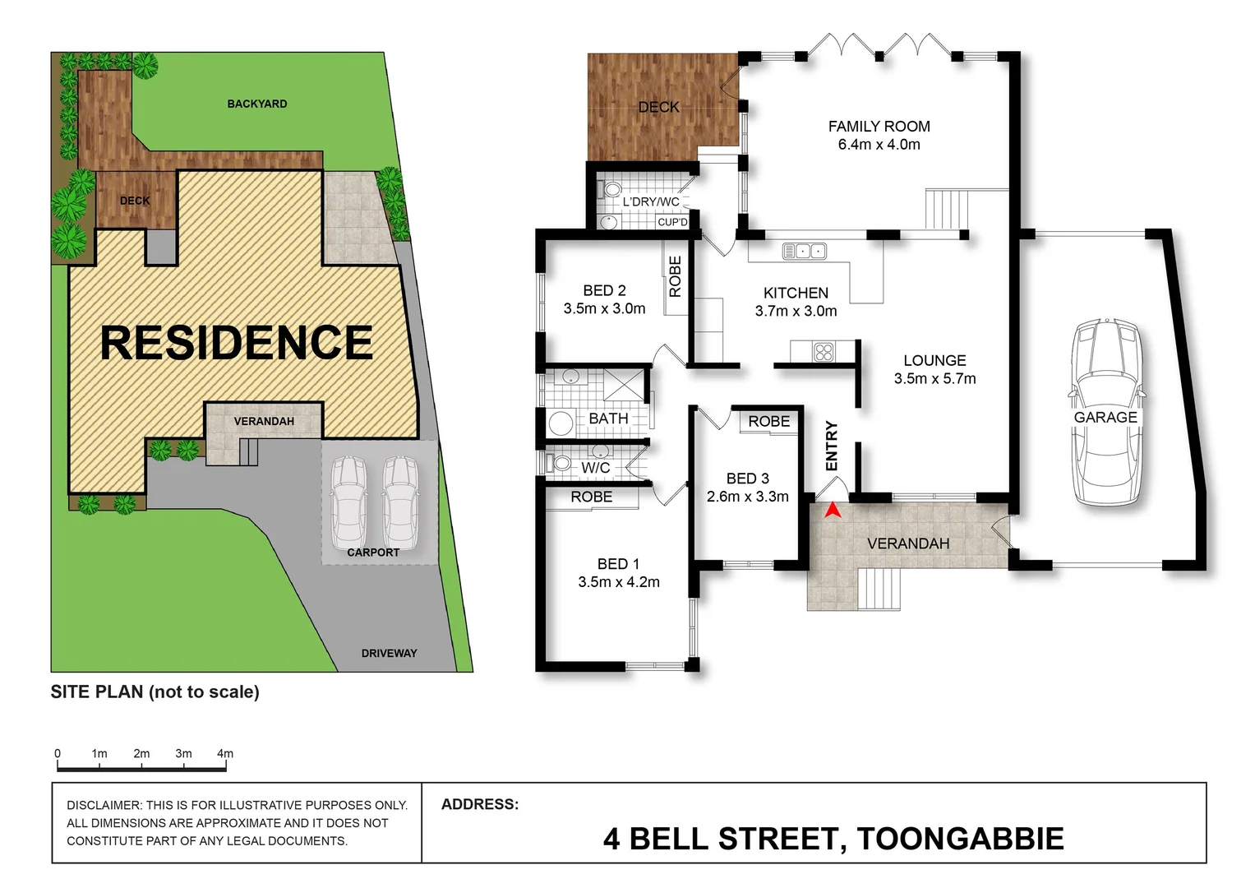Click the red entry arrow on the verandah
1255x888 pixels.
833,511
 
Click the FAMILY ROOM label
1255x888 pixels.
879,127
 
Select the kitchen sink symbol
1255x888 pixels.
804,251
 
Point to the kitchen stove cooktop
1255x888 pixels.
824,353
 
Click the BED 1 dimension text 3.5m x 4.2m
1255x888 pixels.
618,582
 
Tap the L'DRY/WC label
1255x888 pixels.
650,202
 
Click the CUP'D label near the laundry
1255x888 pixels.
672,222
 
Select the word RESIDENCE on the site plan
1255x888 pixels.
237,343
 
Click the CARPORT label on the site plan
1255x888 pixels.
373,553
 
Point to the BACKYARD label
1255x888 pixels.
257,104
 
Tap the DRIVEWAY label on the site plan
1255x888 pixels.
389,653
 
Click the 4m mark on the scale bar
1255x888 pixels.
225,754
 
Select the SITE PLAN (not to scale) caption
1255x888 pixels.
155,692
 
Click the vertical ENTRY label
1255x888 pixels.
831,446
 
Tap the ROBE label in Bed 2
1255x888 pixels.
676,276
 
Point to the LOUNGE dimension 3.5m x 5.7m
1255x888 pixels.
934,379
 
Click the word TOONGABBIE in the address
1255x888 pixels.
960,839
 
